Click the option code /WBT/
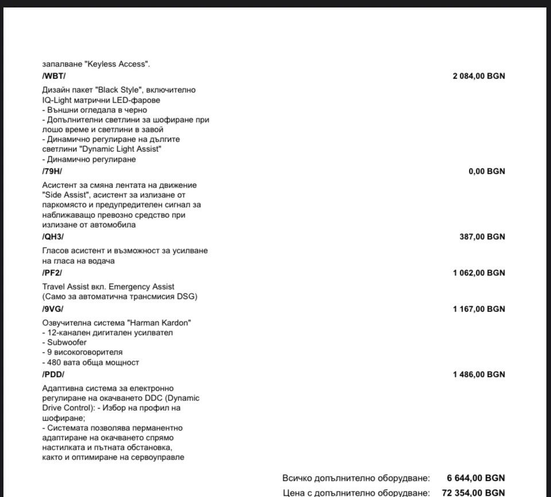(x=54, y=76)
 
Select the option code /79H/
(x=52, y=171)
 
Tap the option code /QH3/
(x=53, y=236)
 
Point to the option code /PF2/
(x=52, y=273)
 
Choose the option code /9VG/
(x=53, y=309)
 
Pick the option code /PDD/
(x=53, y=374)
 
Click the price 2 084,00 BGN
(x=479, y=76)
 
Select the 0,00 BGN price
(x=487, y=171)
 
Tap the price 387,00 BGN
(x=482, y=236)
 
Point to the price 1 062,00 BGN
(x=479, y=273)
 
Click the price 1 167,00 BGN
(x=479, y=309)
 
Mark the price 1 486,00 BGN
(x=479, y=374)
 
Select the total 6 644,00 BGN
(x=476, y=477)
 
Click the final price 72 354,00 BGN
(x=474, y=492)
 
